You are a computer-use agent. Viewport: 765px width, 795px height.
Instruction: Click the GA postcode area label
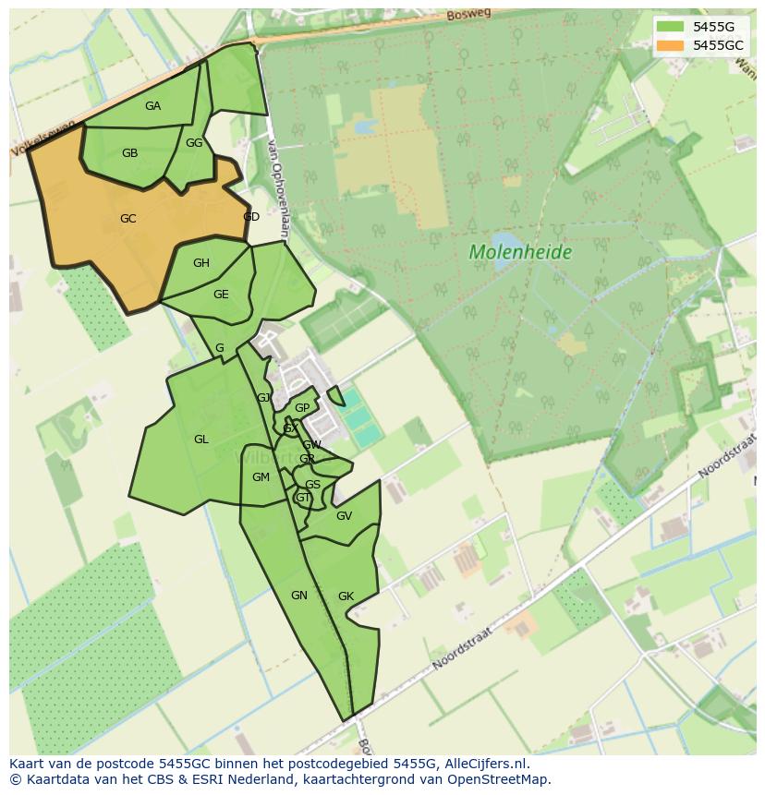152,106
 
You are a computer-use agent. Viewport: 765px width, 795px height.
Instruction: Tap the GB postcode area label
129,153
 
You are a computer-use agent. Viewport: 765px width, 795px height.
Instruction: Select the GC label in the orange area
127,219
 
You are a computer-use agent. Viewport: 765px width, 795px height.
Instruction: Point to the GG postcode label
193,143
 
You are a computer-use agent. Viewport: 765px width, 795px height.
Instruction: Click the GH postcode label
200,263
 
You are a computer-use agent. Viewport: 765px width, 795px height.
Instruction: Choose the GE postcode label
221,295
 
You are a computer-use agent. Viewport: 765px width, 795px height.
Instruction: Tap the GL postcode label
200,440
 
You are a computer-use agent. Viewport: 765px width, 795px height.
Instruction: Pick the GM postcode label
261,477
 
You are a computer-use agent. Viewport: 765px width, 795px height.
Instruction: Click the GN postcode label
298,596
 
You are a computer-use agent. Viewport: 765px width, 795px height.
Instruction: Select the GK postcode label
346,596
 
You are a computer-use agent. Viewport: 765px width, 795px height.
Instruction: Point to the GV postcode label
344,516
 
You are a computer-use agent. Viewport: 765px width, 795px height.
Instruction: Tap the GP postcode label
301,408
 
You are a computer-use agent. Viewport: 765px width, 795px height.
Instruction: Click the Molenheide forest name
520,252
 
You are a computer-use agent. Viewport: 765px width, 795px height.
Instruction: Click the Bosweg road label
466,16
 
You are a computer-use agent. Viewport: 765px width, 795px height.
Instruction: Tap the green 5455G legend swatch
670,27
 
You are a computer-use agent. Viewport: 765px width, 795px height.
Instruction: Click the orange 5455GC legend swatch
670,45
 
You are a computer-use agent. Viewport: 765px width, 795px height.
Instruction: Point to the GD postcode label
250,217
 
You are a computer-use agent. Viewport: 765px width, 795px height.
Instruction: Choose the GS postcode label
312,485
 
